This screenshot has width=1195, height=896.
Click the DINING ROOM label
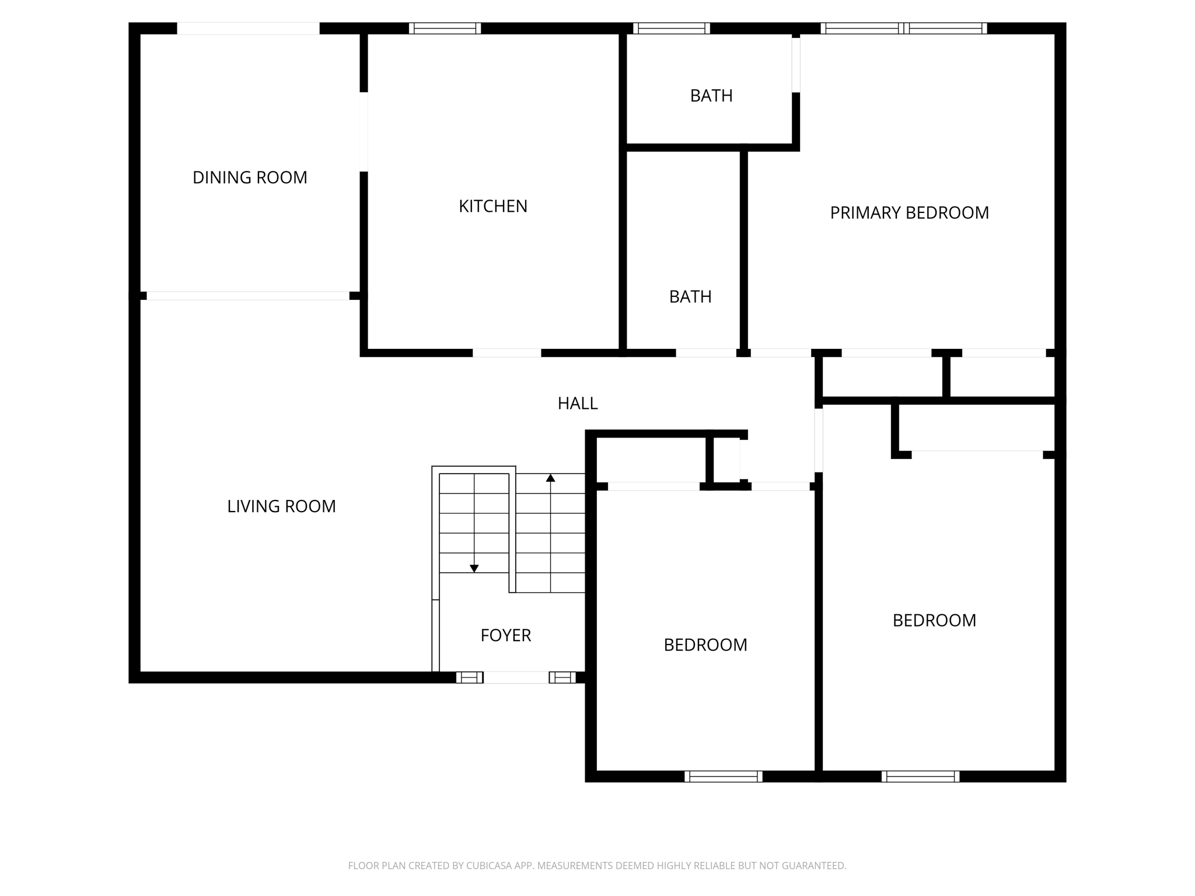pos(250,177)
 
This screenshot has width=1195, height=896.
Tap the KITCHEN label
pos(493,206)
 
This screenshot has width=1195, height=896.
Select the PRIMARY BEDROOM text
pos(909,213)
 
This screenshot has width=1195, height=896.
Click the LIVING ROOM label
pos(281,506)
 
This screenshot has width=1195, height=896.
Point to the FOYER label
pos(505,635)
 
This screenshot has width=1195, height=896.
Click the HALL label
pos(578,404)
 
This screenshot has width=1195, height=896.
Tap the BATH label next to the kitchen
pos(690,297)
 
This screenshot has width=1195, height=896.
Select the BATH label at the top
pos(711,96)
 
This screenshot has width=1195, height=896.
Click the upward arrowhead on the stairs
pos(550,478)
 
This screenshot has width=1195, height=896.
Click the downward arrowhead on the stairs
pos(474,568)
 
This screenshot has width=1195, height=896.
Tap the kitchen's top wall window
pos(445,29)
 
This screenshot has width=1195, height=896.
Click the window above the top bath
pos(671,29)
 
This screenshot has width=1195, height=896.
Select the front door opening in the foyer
pos(516,677)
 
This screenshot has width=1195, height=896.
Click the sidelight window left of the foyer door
pos(469,677)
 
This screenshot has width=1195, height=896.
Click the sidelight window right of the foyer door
pos(562,677)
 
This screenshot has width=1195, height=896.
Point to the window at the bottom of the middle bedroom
pos(723,776)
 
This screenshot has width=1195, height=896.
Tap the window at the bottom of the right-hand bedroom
pos(920,776)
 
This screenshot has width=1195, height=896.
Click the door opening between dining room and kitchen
pos(364,132)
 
